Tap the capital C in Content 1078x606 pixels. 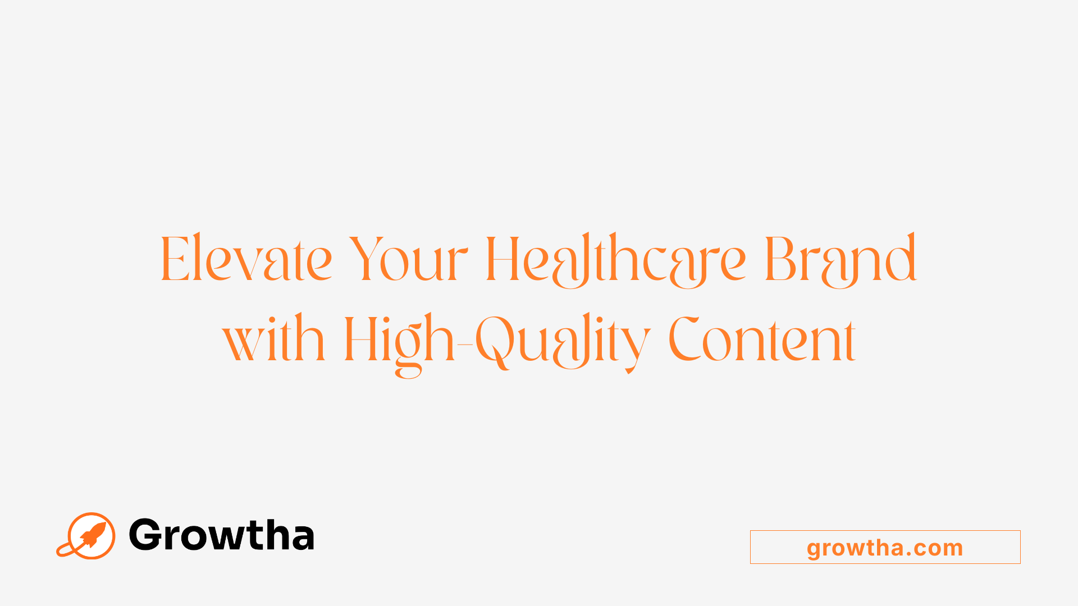684,339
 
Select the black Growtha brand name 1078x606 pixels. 221,535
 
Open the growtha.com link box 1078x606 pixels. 885,547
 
